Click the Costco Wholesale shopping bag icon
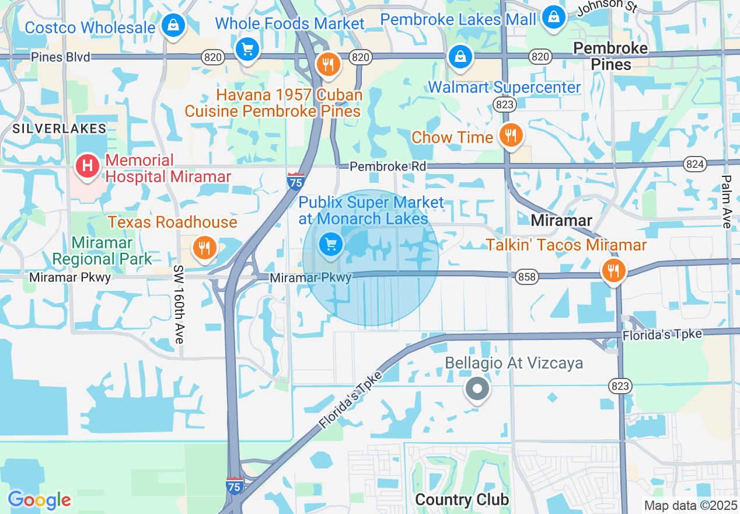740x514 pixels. click(x=173, y=26)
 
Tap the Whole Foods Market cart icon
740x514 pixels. click(x=247, y=49)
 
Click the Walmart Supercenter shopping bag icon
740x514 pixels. click(x=460, y=57)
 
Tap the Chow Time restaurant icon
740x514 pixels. click(x=511, y=136)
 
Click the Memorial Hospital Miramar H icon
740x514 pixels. click(x=88, y=166)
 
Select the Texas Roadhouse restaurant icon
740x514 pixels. click(x=204, y=247)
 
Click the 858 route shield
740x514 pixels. click(x=526, y=277)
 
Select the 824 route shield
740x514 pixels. click(x=695, y=164)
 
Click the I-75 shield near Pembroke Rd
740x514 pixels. click(x=296, y=180)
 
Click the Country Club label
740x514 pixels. click(x=462, y=499)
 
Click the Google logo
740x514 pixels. click(x=39, y=500)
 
